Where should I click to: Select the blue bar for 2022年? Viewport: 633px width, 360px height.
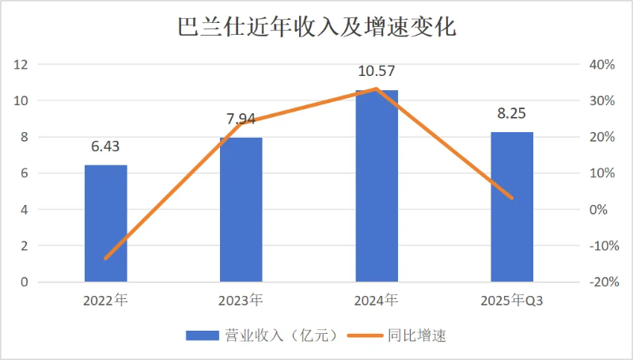click(106, 223)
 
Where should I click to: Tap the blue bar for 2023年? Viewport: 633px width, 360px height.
click(241, 210)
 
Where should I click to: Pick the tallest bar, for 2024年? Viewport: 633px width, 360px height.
click(377, 186)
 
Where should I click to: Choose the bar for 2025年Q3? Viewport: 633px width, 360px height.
click(512, 207)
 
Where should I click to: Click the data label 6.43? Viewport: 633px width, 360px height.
click(106, 147)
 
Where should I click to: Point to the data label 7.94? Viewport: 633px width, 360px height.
click(241, 119)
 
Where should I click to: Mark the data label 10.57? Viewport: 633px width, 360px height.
click(377, 72)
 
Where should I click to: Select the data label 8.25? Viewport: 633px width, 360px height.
click(512, 114)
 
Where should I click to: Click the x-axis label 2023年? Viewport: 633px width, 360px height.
click(241, 301)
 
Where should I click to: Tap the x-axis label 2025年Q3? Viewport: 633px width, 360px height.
click(512, 301)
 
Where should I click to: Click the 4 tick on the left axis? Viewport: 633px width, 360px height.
click(25, 210)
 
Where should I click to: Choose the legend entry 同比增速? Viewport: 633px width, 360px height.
click(417, 335)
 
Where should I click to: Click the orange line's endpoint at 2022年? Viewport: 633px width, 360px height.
click(106, 258)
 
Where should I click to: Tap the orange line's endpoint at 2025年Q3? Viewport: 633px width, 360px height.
click(512, 198)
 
